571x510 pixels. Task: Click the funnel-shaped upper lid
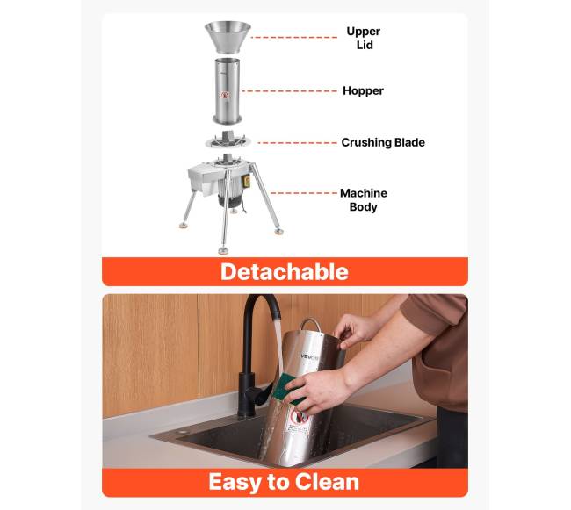tap(228, 37)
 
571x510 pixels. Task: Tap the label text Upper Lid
tap(364, 38)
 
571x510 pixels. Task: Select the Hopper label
tap(363, 90)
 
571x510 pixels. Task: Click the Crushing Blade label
tap(383, 142)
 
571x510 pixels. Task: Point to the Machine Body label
tap(364, 200)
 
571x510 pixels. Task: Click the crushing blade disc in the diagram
tap(228, 140)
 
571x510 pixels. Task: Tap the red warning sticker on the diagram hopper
tap(226, 95)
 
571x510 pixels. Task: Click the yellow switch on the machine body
tap(248, 182)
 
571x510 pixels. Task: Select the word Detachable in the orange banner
tap(285, 272)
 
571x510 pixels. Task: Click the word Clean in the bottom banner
tap(327, 482)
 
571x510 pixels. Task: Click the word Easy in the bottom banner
tap(235, 483)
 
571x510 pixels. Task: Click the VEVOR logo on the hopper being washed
tap(310, 356)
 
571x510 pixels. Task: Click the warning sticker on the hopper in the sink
tap(298, 420)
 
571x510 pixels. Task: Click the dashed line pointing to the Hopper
tap(290, 91)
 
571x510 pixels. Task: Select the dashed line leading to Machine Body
tap(303, 193)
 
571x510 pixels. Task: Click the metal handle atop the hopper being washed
tap(310, 325)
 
